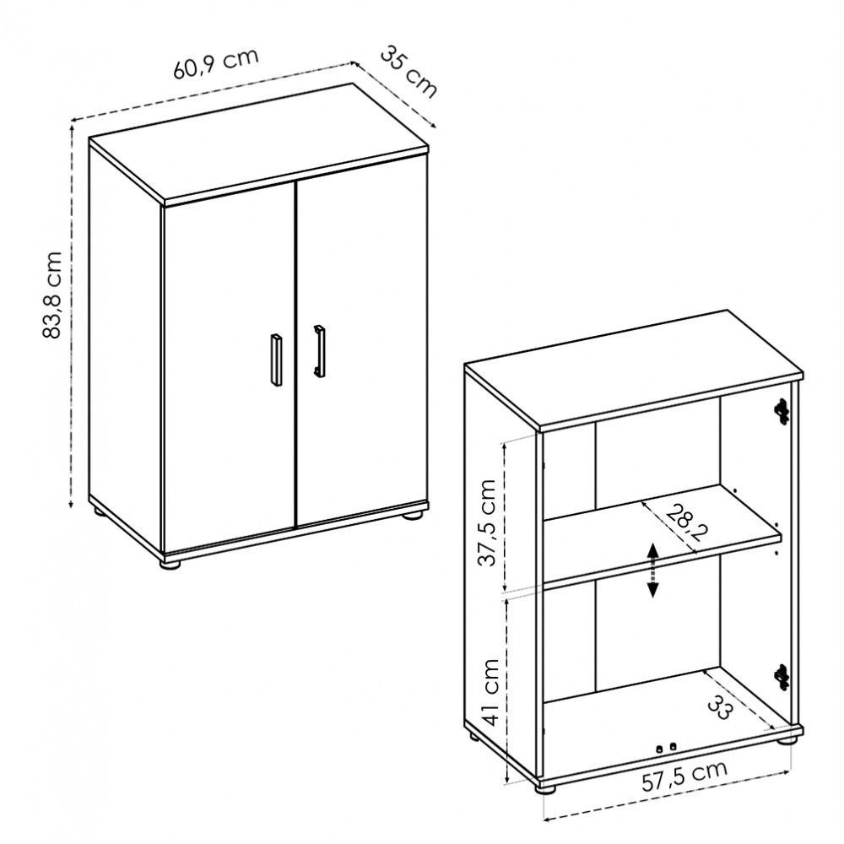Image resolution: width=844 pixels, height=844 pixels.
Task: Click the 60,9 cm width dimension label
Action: click(216, 63)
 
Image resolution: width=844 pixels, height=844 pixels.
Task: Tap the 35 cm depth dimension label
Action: click(408, 72)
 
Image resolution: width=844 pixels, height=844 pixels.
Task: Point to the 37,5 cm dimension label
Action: click(488, 522)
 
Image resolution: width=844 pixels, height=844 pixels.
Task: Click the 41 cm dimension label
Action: click(490, 692)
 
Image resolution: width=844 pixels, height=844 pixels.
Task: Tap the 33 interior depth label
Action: click(721, 706)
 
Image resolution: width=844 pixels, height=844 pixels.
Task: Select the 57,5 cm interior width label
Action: click(684, 776)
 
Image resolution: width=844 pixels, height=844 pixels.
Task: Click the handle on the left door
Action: click(276, 360)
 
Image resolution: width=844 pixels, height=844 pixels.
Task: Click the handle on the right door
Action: click(319, 350)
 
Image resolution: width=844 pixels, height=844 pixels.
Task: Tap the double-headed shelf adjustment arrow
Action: click(652, 570)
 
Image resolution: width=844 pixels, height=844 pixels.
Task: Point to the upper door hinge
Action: click(782, 411)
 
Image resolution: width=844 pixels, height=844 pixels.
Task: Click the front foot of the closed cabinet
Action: click(170, 564)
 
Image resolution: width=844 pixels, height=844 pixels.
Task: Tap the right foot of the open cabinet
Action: click(786, 739)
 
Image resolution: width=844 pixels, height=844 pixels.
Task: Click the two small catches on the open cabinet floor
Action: click(666, 748)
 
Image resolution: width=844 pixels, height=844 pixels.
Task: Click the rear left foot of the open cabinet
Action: click(473, 736)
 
